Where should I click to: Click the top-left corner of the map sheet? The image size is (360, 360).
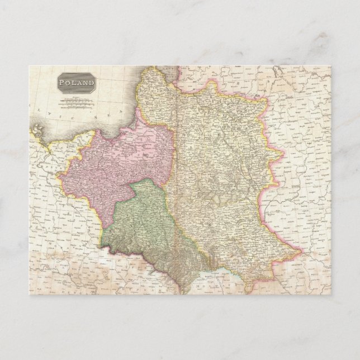29,65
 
